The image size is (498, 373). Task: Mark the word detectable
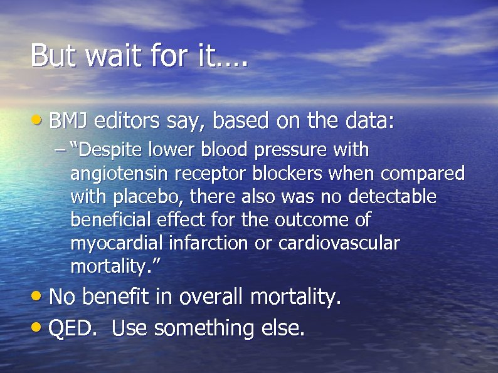[x=391, y=197]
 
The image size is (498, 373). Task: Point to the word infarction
[x=209, y=243]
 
